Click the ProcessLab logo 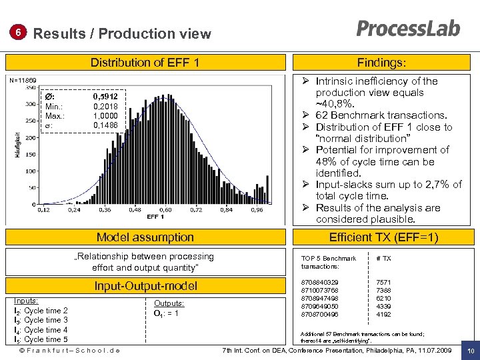click(x=408, y=29)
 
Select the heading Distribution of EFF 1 click(x=145, y=63)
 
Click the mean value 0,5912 click(x=107, y=97)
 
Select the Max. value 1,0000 click(x=107, y=115)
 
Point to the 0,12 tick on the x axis click(x=43, y=210)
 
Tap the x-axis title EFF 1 click(x=155, y=217)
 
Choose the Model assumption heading click(x=145, y=237)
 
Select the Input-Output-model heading click(x=145, y=286)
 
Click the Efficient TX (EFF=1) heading click(x=383, y=237)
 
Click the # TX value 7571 click(x=384, y=283)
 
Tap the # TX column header click(x=384, y=258)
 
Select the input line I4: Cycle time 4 click(x=41, y=330)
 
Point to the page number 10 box click(x=471, y=351)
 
